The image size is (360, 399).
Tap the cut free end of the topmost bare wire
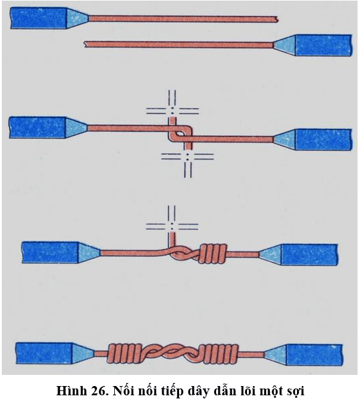277,19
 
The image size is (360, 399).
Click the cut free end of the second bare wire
85,44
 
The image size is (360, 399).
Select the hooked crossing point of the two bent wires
180,134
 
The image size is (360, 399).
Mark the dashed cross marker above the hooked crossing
172,110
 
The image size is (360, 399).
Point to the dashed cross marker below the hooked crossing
188,156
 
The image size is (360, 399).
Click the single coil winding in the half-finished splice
213,254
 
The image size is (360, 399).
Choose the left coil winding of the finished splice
124,354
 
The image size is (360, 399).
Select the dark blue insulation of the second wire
324,45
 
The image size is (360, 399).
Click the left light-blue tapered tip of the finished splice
83,353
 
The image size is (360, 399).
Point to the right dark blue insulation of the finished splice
314,355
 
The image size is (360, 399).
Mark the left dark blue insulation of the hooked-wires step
38,127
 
